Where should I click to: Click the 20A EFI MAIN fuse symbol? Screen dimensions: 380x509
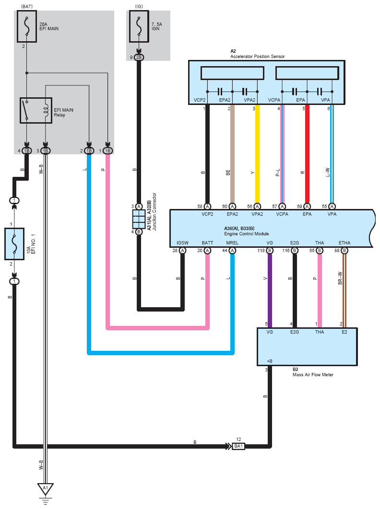(27, 26)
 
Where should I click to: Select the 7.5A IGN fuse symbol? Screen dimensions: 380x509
(139, 26)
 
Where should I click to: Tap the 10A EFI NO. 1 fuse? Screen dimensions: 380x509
(14, 244)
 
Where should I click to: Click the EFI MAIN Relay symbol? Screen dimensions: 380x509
(36, 110)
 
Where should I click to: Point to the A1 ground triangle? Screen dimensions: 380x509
(46, 489)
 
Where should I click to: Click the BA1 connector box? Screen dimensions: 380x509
(238, 446)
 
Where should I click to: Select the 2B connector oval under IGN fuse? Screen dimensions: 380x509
(139, 58)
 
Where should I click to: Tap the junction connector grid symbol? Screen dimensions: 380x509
(139, 219)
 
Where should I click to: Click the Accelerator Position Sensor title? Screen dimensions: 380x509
(258, 57)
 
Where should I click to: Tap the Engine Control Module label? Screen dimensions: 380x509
(247, 234)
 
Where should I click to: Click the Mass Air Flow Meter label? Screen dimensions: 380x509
(313, 375)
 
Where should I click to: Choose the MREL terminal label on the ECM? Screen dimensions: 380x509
(232, 243)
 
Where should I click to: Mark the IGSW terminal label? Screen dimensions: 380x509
(182, 243)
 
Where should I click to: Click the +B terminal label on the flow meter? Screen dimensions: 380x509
(270, 361)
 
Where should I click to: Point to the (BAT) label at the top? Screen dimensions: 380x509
(27, 7)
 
